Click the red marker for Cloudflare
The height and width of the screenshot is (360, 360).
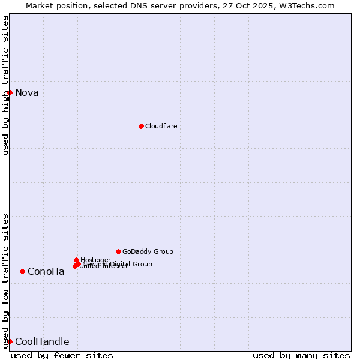(141, 126)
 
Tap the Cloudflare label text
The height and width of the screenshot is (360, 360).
(161, 126)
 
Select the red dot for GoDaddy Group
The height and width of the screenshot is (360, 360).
(118, 251)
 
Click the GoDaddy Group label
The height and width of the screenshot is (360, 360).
(148, 251)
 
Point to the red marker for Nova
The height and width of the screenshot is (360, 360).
(10, 92)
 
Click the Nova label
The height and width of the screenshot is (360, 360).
(26, 92)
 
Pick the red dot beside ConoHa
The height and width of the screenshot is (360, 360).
(22, 271)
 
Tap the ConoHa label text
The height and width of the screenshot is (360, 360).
(46, 271)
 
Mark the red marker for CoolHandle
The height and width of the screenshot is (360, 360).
(10, 341)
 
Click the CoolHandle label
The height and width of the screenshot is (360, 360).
(42, 342)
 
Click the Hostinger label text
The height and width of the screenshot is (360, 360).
(95, 260)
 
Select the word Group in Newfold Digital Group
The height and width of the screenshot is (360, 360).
(142, 264)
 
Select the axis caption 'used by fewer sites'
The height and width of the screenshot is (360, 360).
(62, 355)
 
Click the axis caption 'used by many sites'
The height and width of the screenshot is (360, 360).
(301, 355)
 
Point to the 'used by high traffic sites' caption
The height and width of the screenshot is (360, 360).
(5, 85)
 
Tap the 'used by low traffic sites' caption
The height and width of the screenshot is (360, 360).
(5, 281)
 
